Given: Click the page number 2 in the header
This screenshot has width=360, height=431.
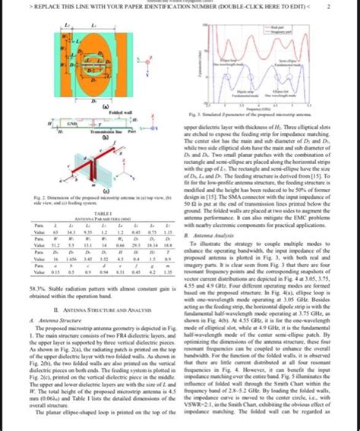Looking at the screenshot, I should coord(347,8).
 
